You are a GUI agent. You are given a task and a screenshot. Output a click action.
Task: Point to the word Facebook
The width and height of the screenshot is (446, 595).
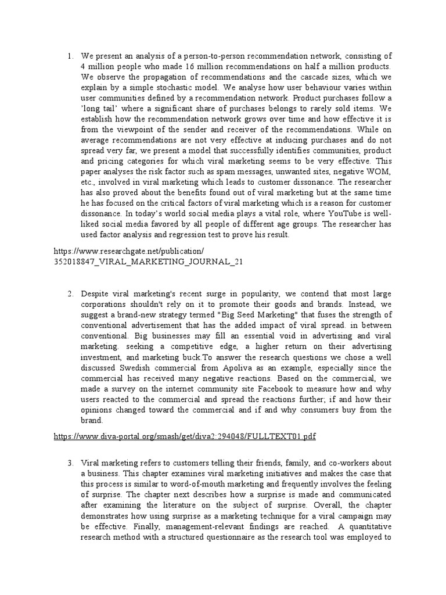tap(252, 389)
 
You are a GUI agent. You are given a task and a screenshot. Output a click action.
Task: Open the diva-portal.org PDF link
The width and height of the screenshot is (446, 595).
tap(185, 436)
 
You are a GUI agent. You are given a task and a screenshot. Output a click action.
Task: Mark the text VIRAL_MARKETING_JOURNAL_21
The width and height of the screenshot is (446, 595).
tap(148, 261)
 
